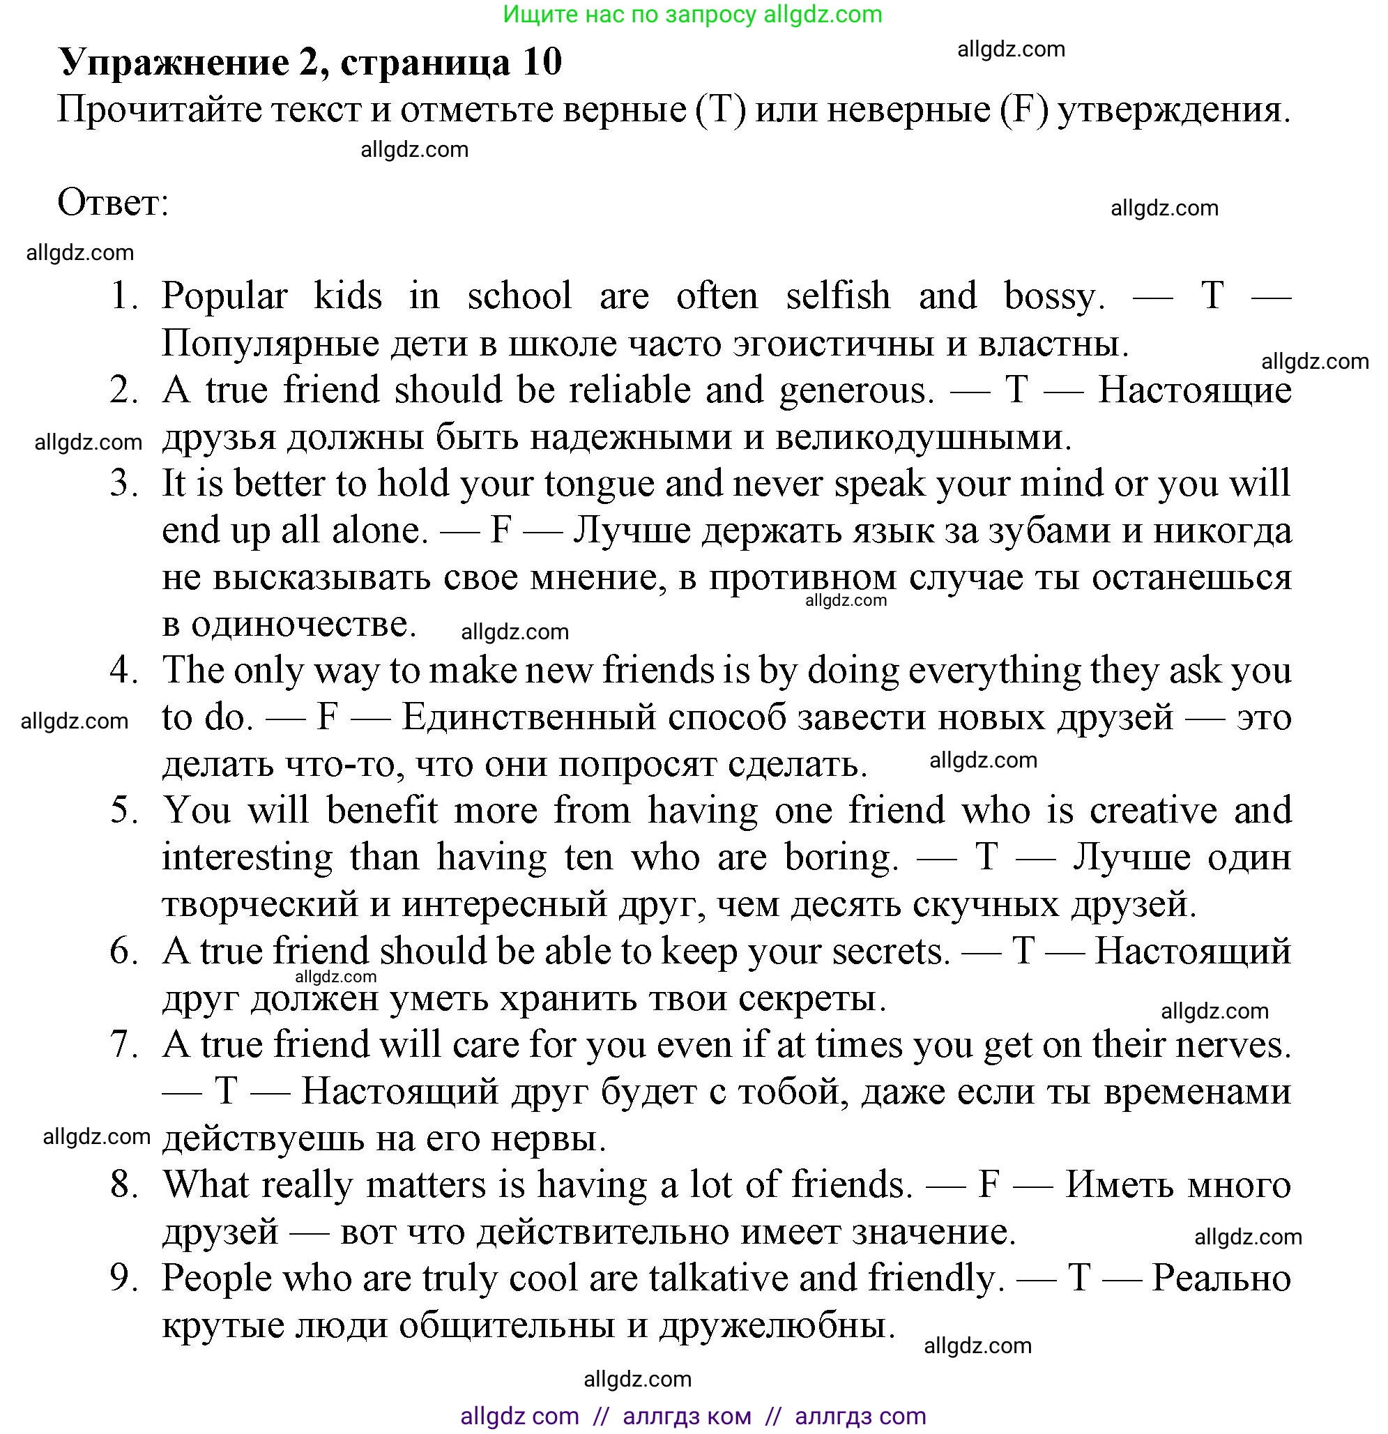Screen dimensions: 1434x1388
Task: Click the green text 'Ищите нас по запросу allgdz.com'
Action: (x=693, y=15)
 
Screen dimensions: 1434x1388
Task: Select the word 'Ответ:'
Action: (x=113, y=203)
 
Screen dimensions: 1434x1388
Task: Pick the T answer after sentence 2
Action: (x=1016, y=390)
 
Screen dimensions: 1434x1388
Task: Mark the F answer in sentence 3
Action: (x=501, y=531)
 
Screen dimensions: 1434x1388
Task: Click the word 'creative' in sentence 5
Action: (x=1153, y=811)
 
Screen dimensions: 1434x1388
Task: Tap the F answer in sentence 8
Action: (x=989, y=1185)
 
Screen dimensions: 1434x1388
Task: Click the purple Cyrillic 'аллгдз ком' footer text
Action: (x=686, y=1417)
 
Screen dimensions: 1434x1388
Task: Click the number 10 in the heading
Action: (x=542, y=63)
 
